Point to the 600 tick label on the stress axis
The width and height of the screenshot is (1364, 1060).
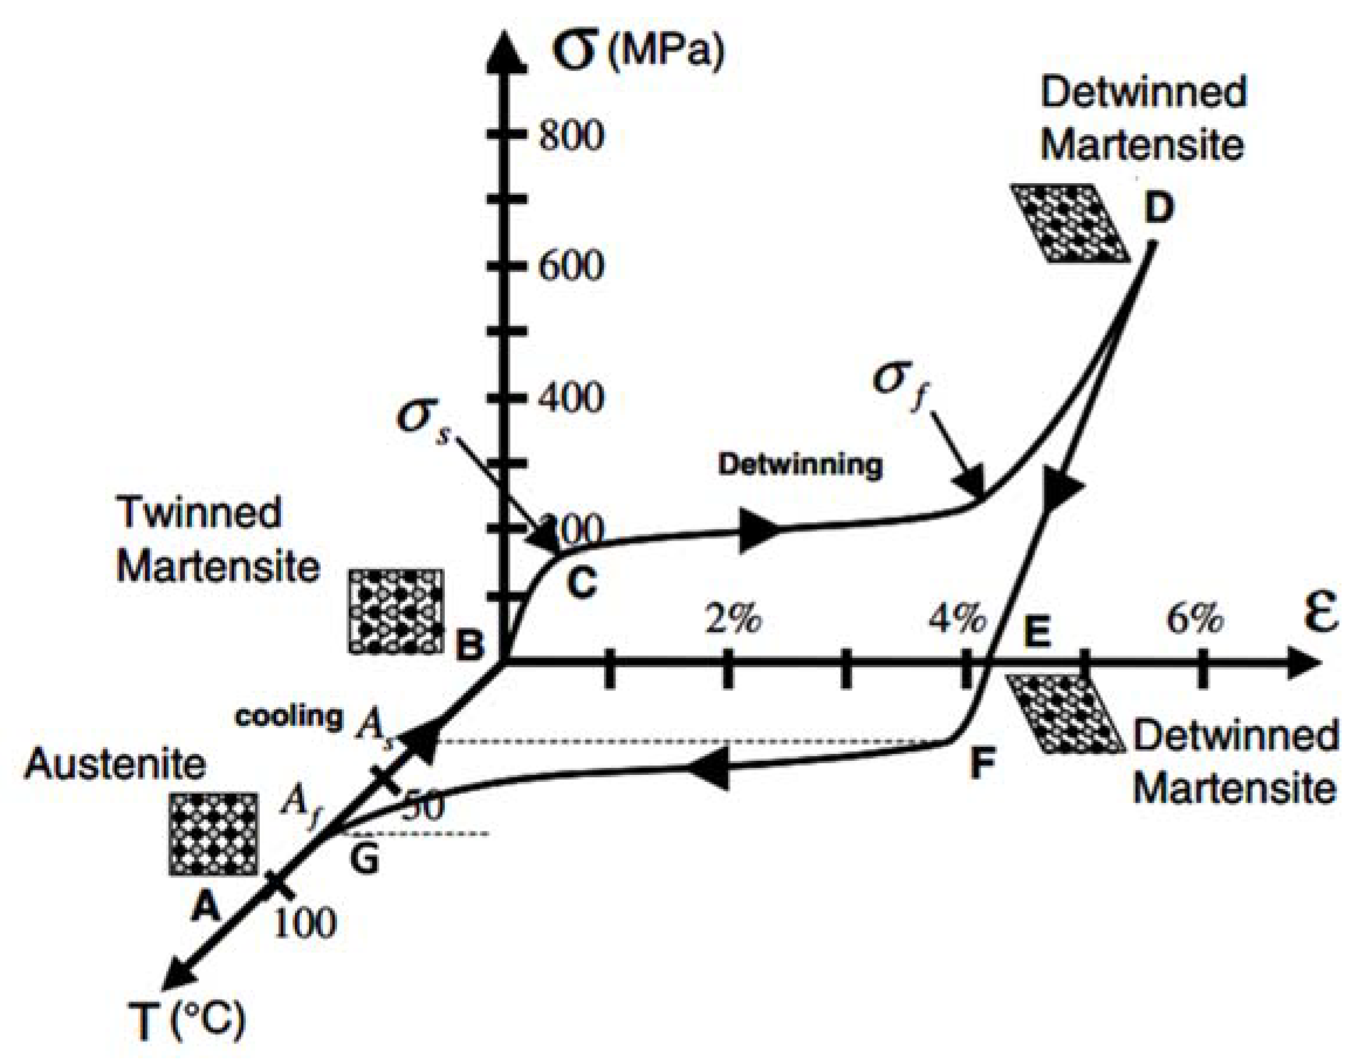(x=572, y=266)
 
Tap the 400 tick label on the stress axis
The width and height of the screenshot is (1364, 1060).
(x=572, y=397)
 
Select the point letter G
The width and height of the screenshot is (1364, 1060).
(x=364, y=859)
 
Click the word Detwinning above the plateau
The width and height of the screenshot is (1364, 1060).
(x=800, y=465)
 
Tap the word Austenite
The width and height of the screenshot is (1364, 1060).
(x=115, y=764)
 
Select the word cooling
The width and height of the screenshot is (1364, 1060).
(x=289, y=716)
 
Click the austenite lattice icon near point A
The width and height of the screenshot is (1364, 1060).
(x=214, y=834)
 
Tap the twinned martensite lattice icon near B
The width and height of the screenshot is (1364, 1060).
(x=396, y=611)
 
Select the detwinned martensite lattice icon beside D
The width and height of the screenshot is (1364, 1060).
(x=1070, y=222)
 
